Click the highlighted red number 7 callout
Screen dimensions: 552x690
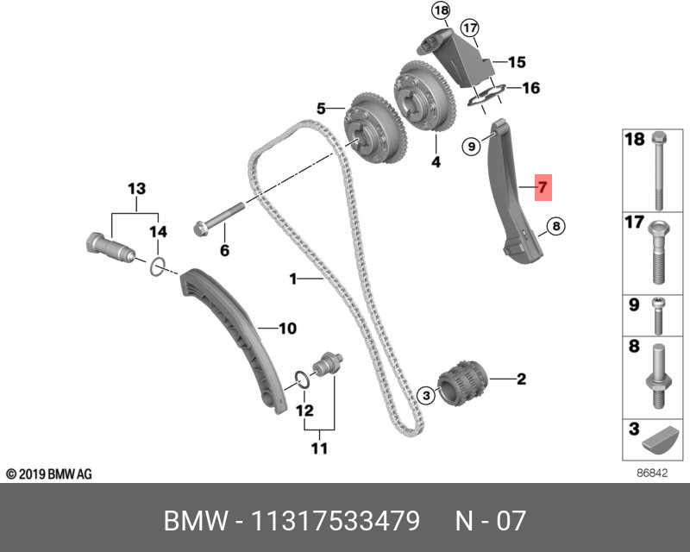coord(543,186)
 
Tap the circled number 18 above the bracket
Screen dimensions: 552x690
coord(442,11)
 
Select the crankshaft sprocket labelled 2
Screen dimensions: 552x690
coord(465,384)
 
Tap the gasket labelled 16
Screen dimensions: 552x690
coord(488,96)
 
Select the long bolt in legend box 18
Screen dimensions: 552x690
coord(660,173)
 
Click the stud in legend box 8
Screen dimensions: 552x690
coord(658,376)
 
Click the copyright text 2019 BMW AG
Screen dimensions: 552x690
coord(48,474)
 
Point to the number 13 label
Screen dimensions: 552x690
coord(137,187)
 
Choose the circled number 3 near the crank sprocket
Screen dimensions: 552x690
coord(425,395)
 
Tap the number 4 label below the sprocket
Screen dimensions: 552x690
coord(436,162)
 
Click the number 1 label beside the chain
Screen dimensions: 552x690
coord(293,279)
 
